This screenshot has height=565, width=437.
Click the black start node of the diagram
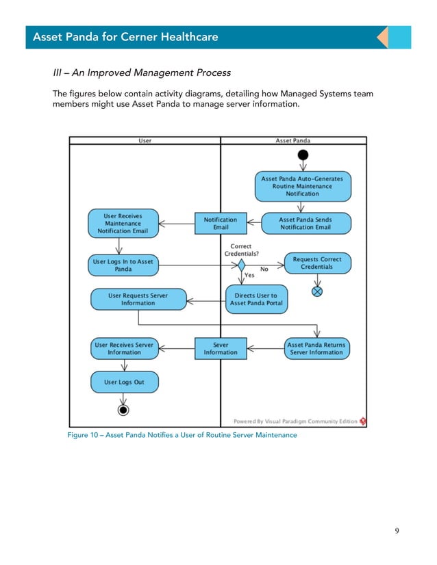click(x=303, y=155)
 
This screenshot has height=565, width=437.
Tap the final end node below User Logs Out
click(x=123, y=410)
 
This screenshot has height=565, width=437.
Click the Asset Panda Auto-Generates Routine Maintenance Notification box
click(x=302, y=186)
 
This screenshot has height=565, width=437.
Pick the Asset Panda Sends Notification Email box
click(x=305, y=224)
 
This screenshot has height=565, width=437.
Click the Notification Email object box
click(x=221, y=224)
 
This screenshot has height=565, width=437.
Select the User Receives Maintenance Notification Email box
click(x=123, y=224)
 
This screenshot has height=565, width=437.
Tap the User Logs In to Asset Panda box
click(x=123, y=265)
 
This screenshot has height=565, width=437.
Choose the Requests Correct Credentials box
click(x=316, y=263)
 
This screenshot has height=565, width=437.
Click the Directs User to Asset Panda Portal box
click(x=256, y=300)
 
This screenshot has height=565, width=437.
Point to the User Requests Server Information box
click(x=138, y=300)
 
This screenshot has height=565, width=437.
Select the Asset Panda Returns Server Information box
click(x=316, y=349)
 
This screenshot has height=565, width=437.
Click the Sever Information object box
click(x=221, y=349)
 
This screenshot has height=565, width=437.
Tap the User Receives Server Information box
click(x=124, y=349)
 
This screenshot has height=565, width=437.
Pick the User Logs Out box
click(x=124, y=382)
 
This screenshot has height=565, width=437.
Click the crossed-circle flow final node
click(x=317, y=291)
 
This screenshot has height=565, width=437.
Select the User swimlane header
click(x=145, y=141)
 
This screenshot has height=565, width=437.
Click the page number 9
click(x=397, y=531)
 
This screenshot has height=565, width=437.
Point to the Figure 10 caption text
click(x=182, y=435)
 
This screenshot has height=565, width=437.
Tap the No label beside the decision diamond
click(x=264, y=270)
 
